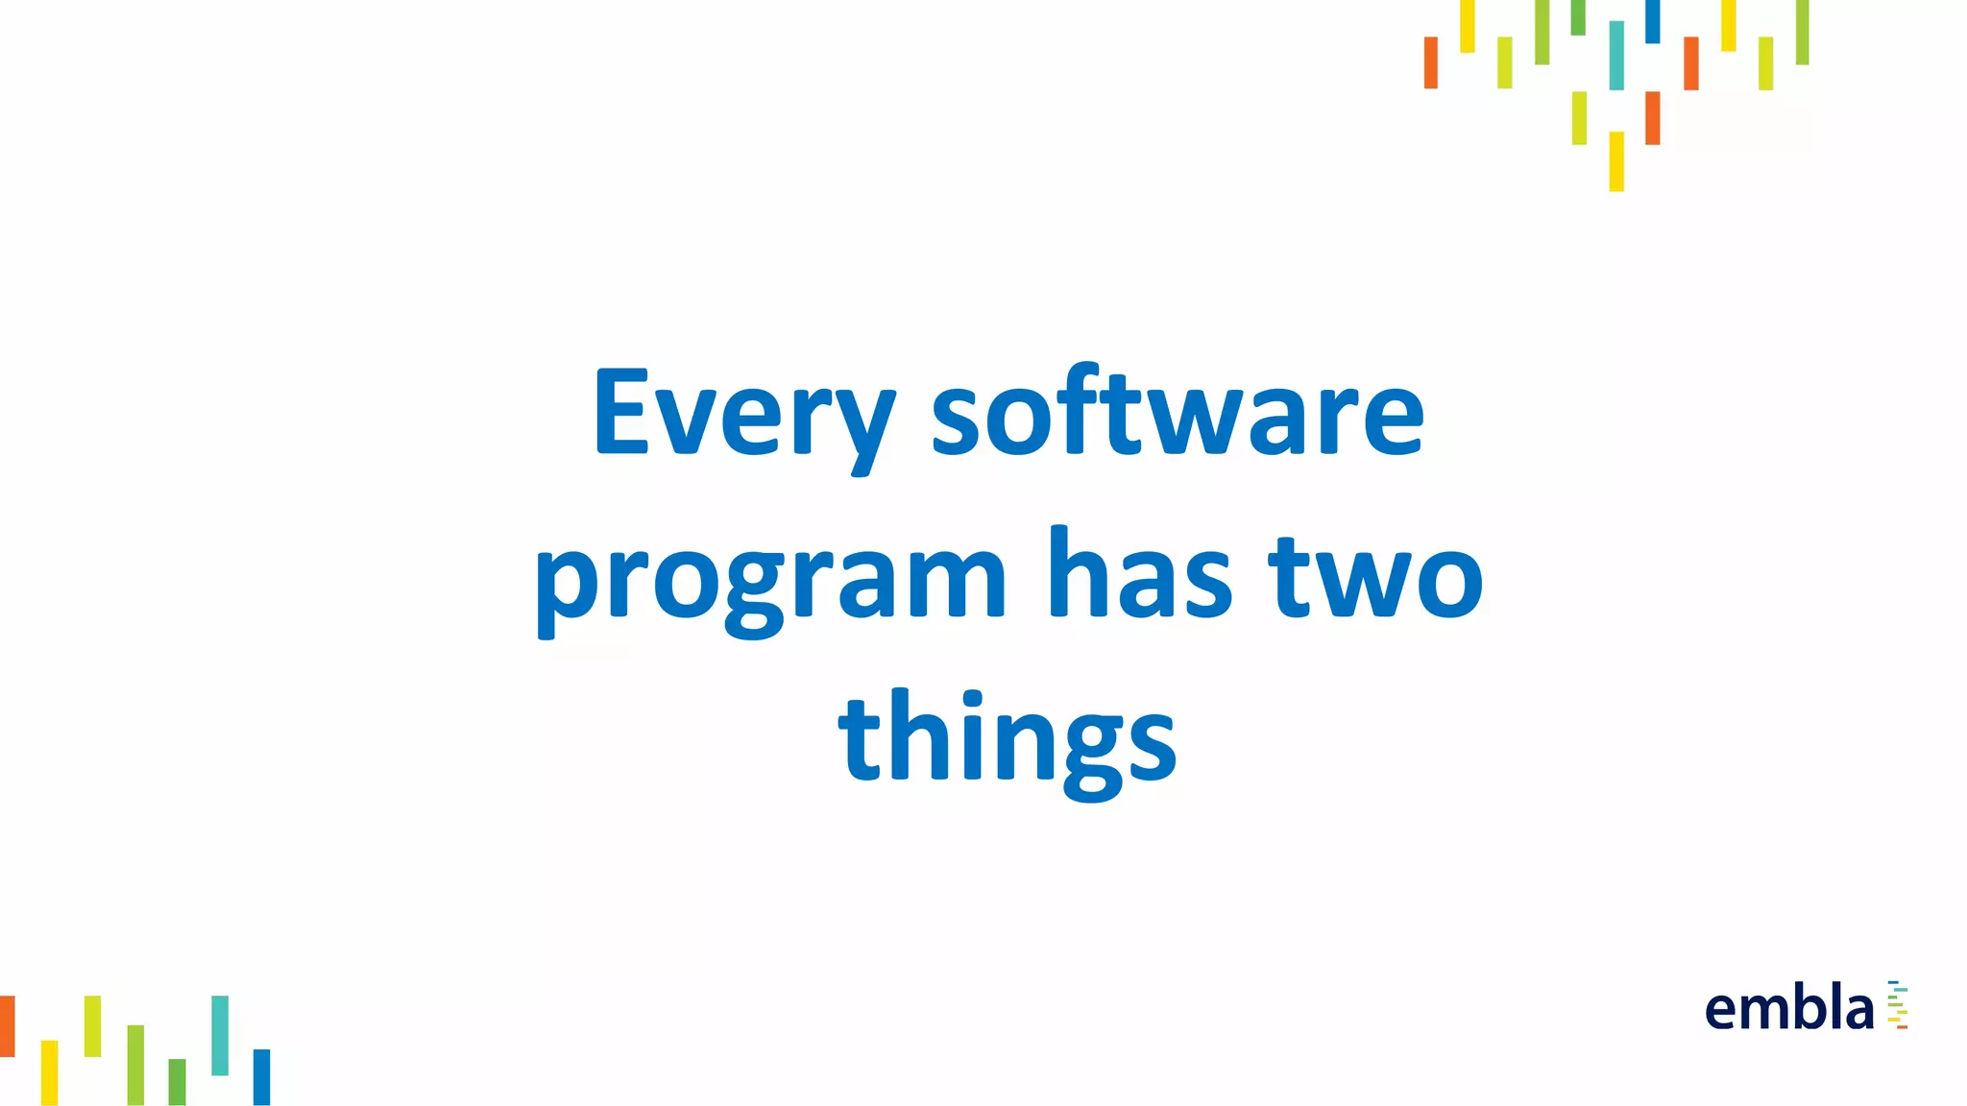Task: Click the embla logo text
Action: tap(1789, 1009)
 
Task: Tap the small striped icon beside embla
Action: tap(1898, 1005)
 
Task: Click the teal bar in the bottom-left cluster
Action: tap(220, 1035)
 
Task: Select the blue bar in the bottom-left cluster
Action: tap(261, 1076)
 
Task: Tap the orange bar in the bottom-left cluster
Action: tap(7, 1025)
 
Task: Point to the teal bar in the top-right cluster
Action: tap(1616, 56)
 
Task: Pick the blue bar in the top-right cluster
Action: tap(1652, 21)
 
